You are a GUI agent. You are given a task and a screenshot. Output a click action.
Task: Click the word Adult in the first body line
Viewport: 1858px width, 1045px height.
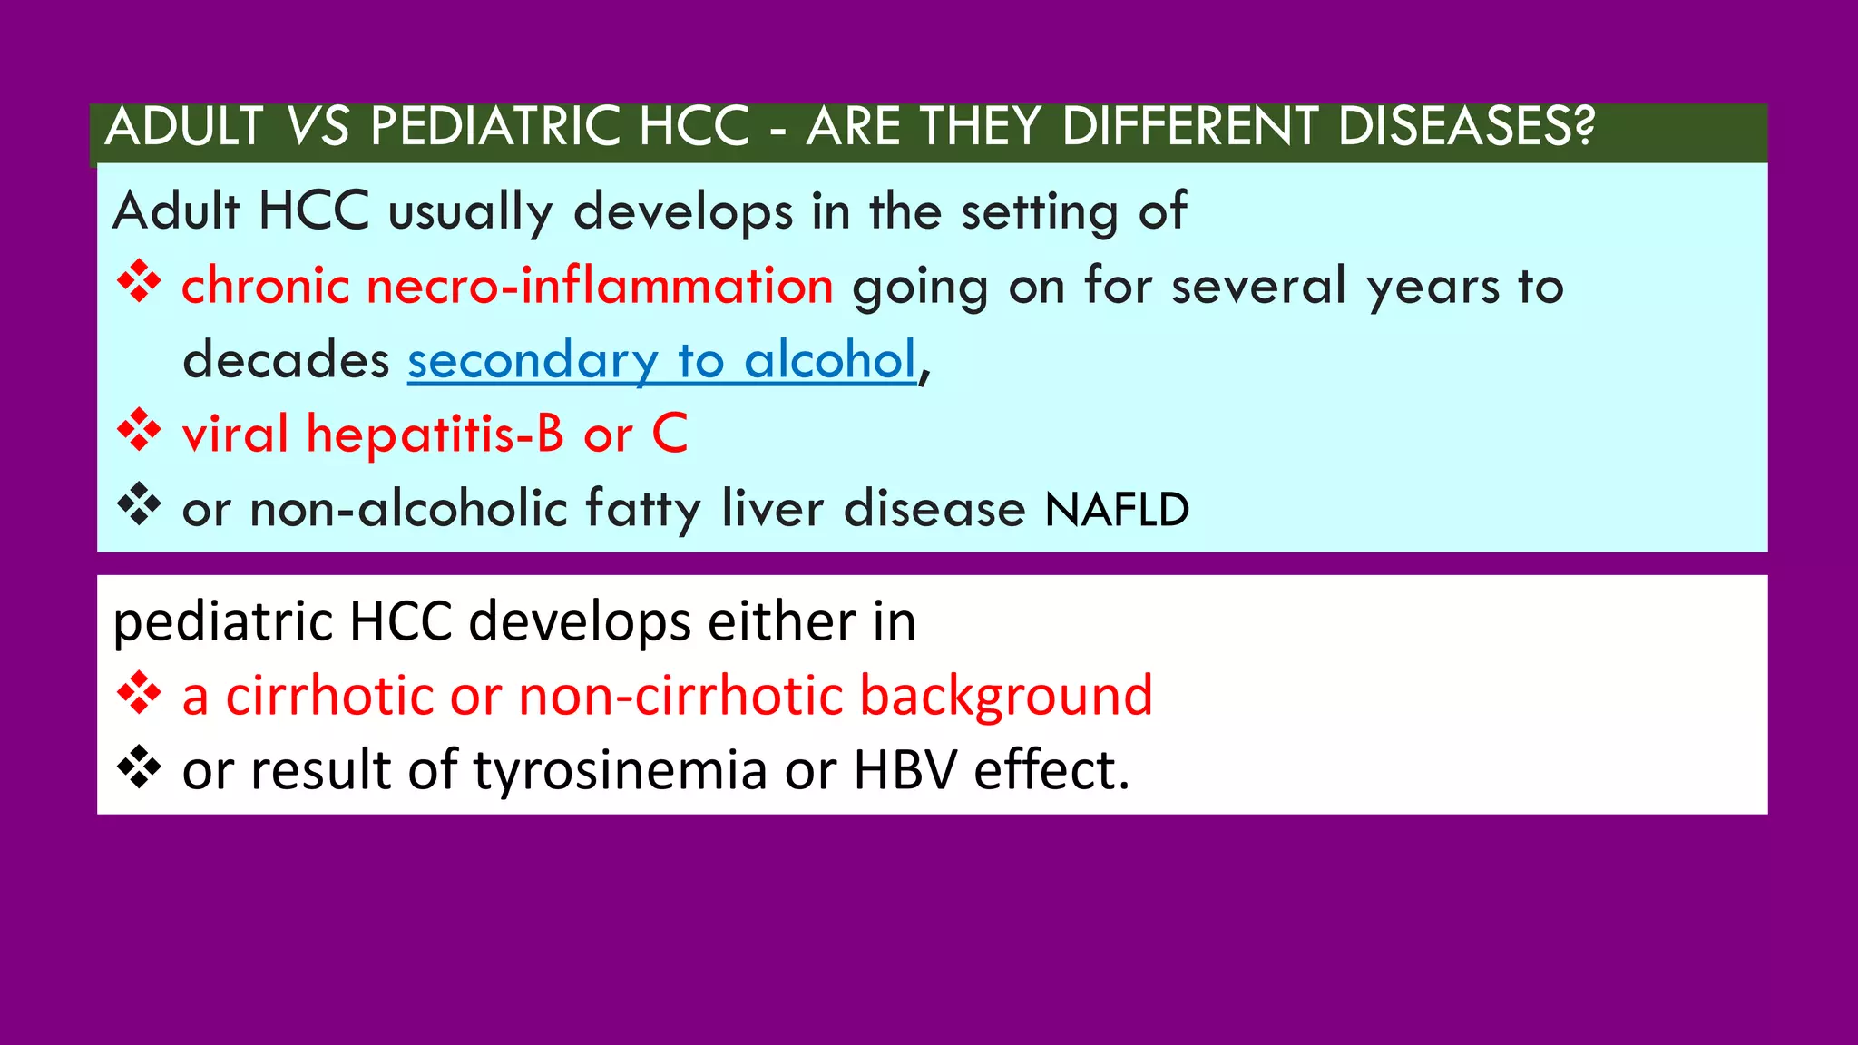175,211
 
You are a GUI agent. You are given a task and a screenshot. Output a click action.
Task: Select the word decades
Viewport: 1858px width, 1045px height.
286,360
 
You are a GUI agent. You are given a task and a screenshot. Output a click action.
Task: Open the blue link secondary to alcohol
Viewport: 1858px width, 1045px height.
661,360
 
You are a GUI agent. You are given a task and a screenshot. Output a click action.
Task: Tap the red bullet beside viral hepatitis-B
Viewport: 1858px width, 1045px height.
139,431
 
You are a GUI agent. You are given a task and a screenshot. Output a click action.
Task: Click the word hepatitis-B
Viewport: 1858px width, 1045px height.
435,435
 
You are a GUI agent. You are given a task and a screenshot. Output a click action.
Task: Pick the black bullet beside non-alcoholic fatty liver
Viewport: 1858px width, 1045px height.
139,505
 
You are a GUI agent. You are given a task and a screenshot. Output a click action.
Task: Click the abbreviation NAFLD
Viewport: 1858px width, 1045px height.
1117,510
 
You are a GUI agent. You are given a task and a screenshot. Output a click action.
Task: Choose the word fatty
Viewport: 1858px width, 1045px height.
643,509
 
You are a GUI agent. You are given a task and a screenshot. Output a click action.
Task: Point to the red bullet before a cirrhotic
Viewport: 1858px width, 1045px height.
139,695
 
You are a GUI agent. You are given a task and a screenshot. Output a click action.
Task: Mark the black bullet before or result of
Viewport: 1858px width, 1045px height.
139,769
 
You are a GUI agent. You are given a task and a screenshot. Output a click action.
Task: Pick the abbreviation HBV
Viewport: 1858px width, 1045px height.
905,771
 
